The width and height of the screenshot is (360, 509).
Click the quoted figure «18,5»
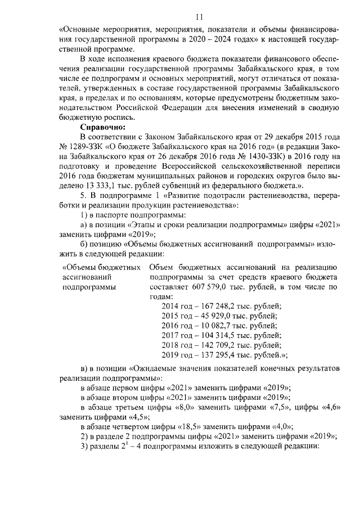pyautogui.click(x=187, y=426)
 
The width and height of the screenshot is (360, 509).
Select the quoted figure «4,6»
pyautogui.click(x=327, y=407)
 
